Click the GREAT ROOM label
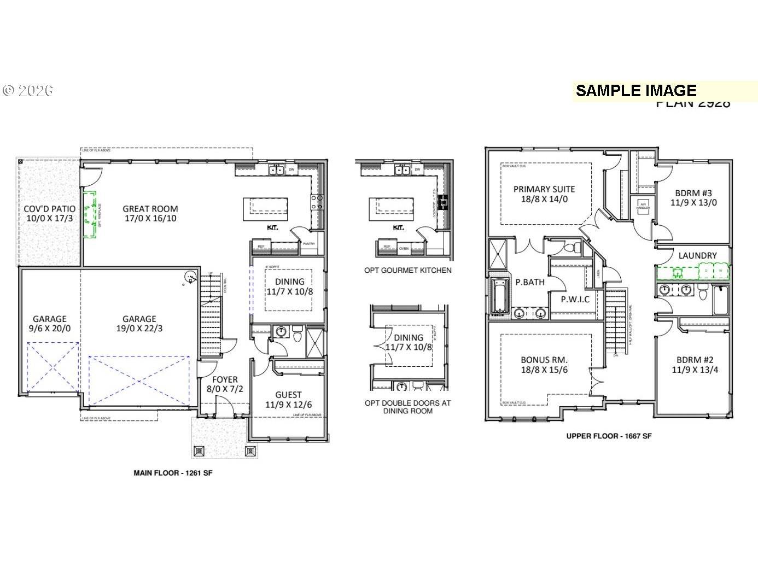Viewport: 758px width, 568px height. pos(150,208)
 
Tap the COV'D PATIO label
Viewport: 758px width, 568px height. pos(49,208)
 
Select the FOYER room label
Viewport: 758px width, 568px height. pos(225,379)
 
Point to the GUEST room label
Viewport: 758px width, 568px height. pos(288,395)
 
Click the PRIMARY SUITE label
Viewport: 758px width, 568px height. pos(544,189)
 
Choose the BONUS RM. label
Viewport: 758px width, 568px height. pos(544,360)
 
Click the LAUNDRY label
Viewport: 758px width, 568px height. pos(697,255)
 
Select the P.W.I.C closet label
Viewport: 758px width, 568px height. pos(575,299)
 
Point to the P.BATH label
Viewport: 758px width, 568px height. pos(529,282)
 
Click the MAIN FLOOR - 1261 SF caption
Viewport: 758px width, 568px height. pos(173,473)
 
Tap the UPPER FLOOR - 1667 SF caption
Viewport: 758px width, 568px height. pos(609,436)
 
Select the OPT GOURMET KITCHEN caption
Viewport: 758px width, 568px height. pos(408,270)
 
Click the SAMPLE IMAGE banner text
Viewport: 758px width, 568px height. pos(636,91)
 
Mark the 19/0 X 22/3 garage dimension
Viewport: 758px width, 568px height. pos(139,329)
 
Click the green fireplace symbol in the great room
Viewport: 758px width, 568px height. pos(90,214)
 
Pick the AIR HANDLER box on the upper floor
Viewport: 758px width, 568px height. pos(643,207)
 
